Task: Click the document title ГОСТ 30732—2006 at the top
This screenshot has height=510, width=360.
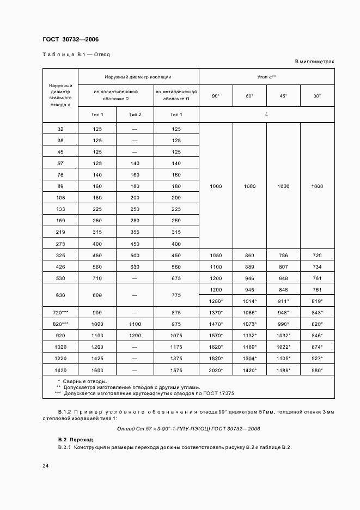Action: [x=70, y=39]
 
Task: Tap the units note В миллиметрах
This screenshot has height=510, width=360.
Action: [x=314, y=62]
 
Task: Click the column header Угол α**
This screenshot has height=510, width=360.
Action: [x=267, y=77]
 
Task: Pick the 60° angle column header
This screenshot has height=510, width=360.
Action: [x=249, y=96]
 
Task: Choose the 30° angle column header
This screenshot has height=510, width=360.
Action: [x=317, y=96]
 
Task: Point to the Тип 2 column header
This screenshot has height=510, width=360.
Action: [x=135, y=114]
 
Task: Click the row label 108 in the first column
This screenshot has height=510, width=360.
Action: [x=60, y=197]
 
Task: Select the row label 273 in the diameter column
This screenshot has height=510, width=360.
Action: [x=60, y=244]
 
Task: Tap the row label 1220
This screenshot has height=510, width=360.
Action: [x=60, y=358]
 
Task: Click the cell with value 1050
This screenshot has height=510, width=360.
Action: [x=216, y=255]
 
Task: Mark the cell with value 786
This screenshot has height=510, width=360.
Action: [x=283, y=255]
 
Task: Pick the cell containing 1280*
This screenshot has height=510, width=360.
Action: [x=216, y=301]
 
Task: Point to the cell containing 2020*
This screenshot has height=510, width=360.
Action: [x=216, y=369]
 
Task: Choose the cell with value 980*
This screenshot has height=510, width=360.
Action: [x=317, y=369]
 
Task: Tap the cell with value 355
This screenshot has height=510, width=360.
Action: [x=135, y=232]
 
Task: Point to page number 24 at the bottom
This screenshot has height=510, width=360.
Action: [x=46, y=465]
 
